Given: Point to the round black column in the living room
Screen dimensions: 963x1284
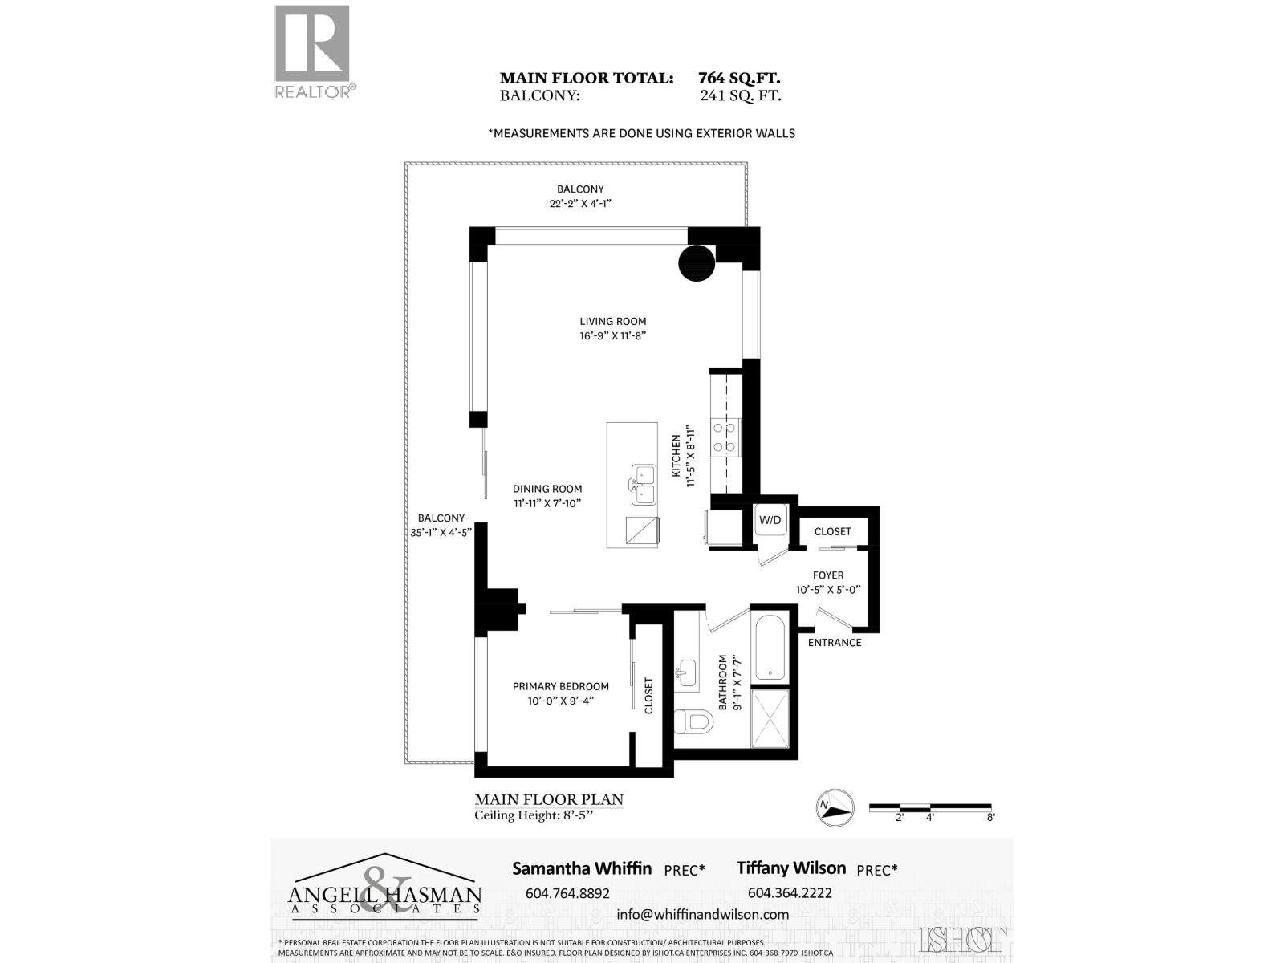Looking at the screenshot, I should (697, 262).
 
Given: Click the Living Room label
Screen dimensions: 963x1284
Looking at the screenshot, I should (613, 327).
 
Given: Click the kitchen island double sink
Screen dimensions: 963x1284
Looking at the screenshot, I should (642, 485).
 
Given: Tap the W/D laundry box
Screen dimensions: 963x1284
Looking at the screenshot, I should (770, 520).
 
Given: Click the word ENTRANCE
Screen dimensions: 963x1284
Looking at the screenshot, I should (835, 642).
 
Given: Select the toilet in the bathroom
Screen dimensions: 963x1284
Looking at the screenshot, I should (691, 721).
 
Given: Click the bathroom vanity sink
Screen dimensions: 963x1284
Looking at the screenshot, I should (687, 671).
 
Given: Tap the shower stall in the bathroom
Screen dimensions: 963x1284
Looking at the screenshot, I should (770, 719).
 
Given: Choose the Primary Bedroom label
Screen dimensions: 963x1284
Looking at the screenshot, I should (560, 693).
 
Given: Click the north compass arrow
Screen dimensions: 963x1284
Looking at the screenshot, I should (835, 807).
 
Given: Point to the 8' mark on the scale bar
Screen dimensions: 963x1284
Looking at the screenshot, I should (991, 817).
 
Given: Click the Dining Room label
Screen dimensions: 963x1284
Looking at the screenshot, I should (547, 495).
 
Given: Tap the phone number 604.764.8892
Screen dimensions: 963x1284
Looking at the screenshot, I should (567, 892).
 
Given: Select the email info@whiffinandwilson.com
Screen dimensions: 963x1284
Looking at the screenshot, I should (702, 914).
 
